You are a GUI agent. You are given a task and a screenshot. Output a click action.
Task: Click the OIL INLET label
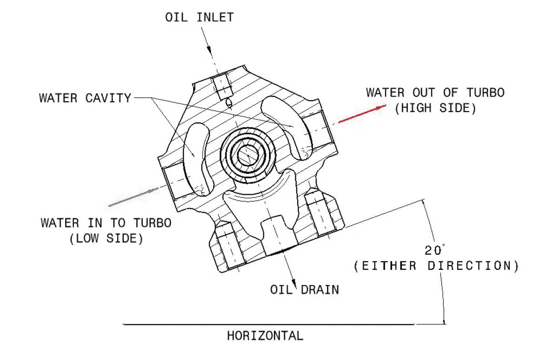point(199,17)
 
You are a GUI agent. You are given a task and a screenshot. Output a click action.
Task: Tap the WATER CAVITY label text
point(85,98)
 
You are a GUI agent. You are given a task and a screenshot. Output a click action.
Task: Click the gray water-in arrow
point(133,197)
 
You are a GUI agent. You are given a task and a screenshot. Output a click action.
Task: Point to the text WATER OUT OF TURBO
point(435,93)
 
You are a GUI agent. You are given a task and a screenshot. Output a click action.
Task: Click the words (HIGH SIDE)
point(435,108)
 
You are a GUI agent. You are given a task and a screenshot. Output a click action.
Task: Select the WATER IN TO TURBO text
point(106,223)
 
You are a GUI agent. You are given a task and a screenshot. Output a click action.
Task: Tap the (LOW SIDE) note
point(106,238)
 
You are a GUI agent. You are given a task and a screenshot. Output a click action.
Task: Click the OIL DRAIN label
point(304,290)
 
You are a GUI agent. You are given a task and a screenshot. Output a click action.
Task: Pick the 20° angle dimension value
point(435,250)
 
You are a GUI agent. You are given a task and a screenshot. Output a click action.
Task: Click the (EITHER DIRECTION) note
point(436,266)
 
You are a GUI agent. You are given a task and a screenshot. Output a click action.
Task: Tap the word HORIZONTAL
point(265,335)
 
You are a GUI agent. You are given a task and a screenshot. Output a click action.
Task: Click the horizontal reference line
point(268,324)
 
